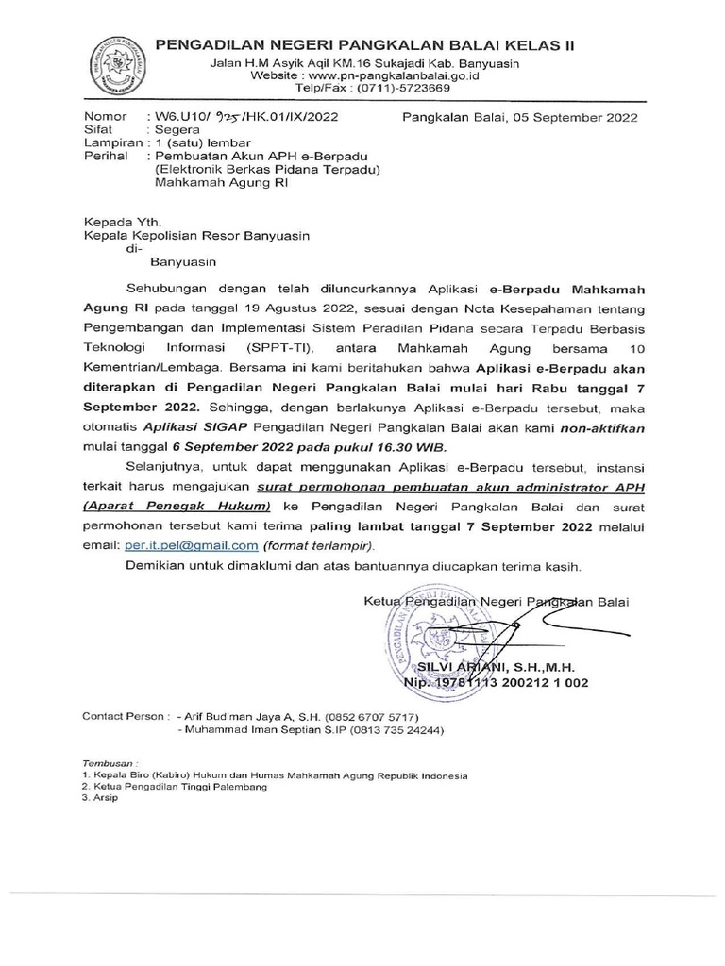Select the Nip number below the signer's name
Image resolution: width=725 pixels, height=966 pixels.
525,682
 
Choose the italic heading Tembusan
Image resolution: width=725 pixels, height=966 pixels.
107,762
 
